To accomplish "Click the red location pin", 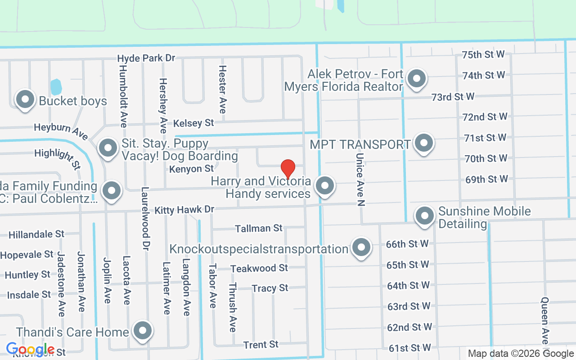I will coord(288,169).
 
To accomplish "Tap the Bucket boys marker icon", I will coord(25,99).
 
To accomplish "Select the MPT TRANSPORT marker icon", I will coord(423,144).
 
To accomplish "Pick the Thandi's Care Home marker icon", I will coord(143,331).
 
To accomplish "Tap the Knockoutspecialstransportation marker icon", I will coord(361,247).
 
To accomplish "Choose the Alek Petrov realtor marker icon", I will coord(417,79).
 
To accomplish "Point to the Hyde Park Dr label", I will coord(146,58).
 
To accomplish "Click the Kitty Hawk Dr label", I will coord(184,210).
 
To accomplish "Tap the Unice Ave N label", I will coord(360,179).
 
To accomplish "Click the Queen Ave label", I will coord(545,320).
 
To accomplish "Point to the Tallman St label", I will coord(259,229).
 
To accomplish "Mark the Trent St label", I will coord(261,345).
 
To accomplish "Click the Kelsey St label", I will coord(193,123).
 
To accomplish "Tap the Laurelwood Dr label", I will coord(145,219).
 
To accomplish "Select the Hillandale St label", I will coord(36,234).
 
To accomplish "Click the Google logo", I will coord(30,349).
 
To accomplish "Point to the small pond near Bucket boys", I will coord(55,86).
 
